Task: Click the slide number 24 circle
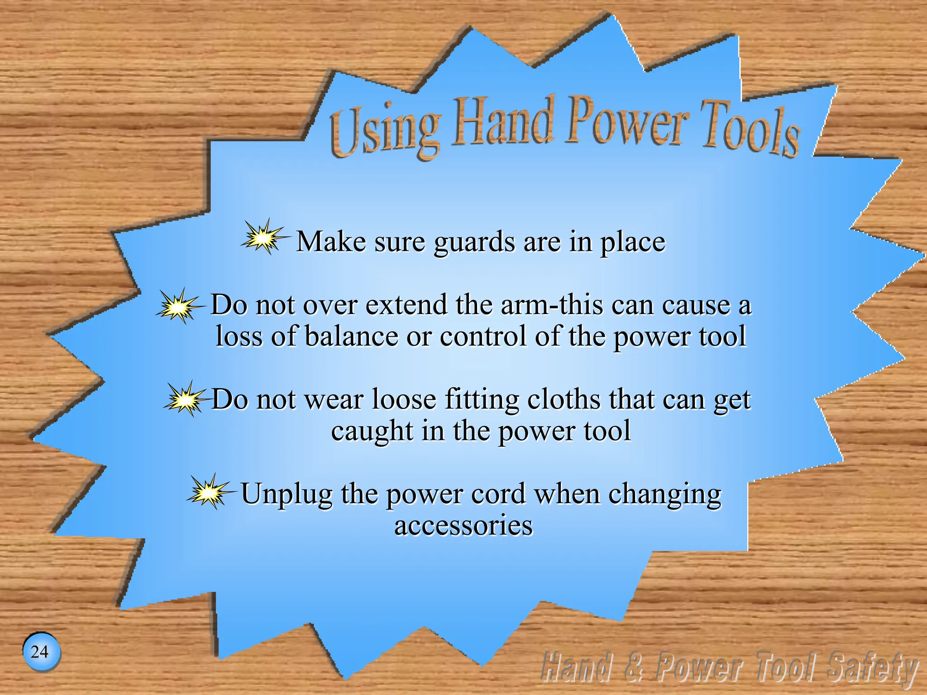(x=41, y=652)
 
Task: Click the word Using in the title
(x=385, y=129)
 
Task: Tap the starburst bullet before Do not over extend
(x=178, y=306)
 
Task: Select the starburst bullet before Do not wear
(x=185, y=400)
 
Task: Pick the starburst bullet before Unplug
(x=209, y=492)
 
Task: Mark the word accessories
(x=463, y=526)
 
